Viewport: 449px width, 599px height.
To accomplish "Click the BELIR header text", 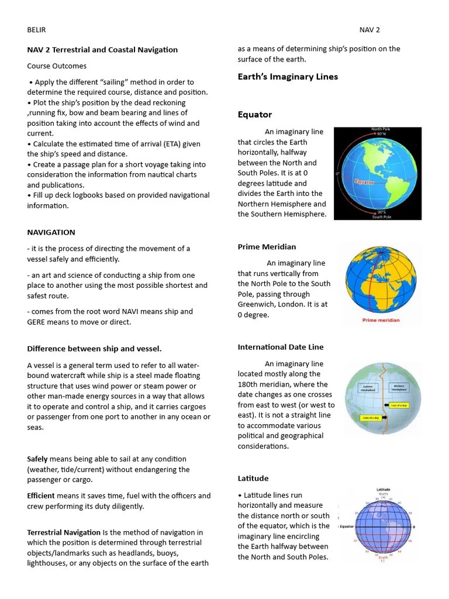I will pos(36,30).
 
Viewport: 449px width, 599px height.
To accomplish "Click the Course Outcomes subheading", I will pos(57,66).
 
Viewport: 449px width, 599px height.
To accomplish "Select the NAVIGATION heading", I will pos(51,232).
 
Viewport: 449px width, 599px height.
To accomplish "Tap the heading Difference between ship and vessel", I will pos(94,349).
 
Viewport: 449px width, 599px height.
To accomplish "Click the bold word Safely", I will pos(37,459).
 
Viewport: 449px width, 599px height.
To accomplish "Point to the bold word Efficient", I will pos(41,495).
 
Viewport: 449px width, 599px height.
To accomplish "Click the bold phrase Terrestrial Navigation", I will pos(64,532).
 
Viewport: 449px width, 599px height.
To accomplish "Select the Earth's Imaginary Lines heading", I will pos(288,77).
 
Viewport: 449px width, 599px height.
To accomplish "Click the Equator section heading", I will pos(254,115).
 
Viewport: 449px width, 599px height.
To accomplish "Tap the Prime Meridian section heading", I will pos(267,247).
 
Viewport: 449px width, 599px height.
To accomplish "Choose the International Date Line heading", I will pos(280,347).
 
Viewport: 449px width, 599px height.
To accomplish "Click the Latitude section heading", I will pos(253,478).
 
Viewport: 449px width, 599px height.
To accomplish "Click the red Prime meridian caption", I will pos(380,320).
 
